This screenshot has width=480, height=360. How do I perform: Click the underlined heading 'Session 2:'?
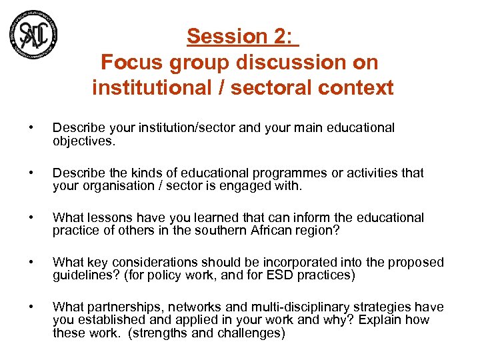click(x=242, y=36)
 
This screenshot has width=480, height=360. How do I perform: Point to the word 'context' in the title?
click(x=355, y=87)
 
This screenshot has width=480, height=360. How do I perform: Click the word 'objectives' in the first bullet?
click(x=81, y=141)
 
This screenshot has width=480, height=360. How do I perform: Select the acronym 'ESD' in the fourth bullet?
click(x=294, y=275)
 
